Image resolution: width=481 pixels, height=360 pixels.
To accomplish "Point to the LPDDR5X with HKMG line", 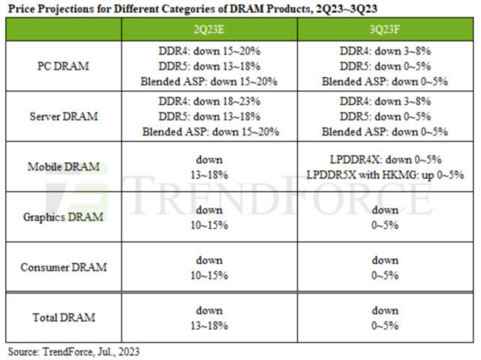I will click(385, 174).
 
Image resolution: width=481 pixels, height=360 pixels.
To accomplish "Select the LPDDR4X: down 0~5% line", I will click(385, 160).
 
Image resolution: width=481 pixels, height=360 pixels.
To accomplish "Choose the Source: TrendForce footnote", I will click(74, 351).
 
